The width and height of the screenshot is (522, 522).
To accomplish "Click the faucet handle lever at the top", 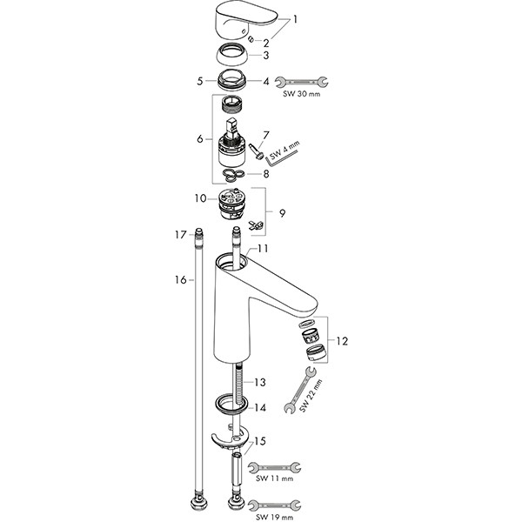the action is [245, 20].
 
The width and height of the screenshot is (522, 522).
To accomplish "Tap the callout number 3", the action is [265, 56].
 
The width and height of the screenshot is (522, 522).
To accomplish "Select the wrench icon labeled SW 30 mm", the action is [301, 82].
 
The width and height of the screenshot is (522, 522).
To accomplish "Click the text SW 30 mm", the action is [302, 94].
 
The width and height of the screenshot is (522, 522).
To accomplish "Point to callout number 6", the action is [200, 138].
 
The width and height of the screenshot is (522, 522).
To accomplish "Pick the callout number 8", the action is [265, 174].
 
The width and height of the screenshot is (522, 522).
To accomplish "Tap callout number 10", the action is [200, 198].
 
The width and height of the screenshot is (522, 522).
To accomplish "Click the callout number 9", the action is [282, 213].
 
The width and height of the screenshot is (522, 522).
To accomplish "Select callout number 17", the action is [181, 235].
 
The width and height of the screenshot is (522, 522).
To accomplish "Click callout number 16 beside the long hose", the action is [181, 280].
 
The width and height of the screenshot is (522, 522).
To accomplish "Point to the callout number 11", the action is [263, 249].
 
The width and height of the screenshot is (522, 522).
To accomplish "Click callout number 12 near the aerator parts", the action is [342, 341].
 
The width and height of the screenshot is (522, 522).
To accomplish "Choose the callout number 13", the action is [259, 382].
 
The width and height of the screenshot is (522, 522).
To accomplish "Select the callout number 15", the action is [259, 441].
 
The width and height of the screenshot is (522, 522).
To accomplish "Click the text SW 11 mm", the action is [275, 478].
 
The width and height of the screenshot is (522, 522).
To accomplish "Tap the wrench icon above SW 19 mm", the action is [275, 505].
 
